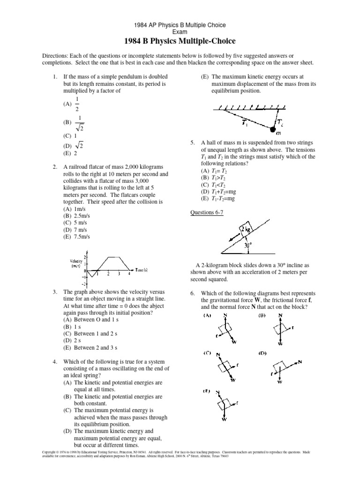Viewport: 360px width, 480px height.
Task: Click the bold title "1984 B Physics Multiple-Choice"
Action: [x=180, y=41]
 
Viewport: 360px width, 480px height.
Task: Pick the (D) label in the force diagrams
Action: [x=262, y=353]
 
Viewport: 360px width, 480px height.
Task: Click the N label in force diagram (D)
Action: [x=300, y=361]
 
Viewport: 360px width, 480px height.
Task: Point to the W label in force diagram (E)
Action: [x=224, y=420]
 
